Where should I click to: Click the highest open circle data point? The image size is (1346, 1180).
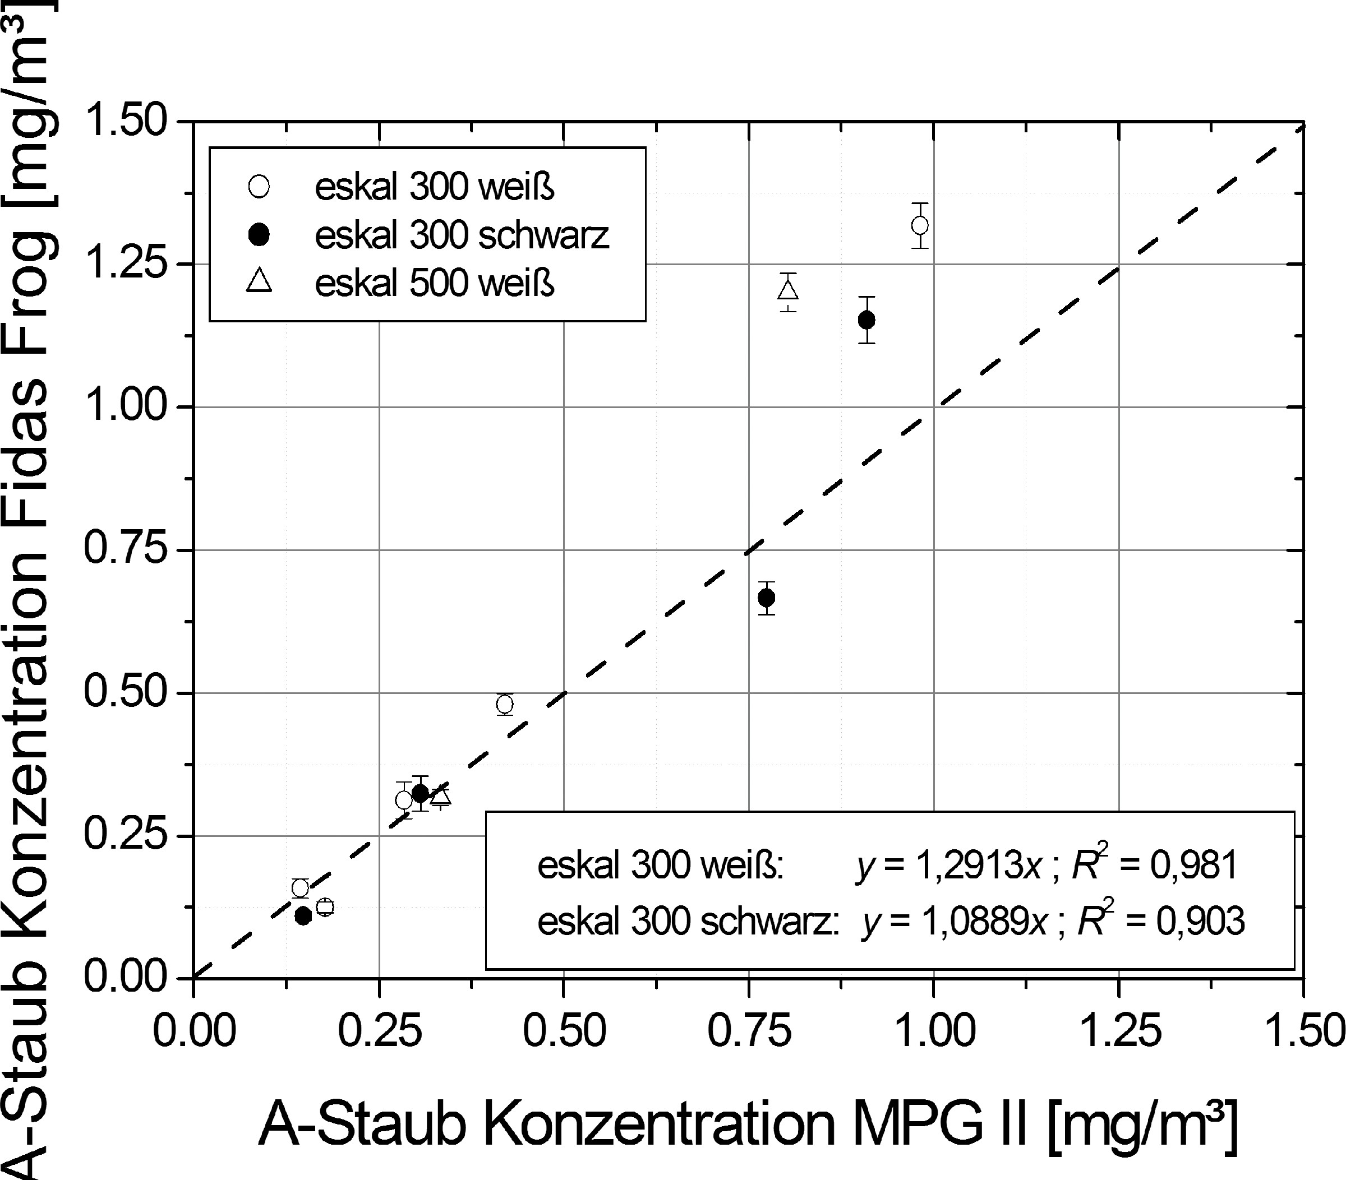point(920,225)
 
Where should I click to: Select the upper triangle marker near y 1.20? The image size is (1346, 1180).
point(788,290)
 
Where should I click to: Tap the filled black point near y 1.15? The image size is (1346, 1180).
point(866,320)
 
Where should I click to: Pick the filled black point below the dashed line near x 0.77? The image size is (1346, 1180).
point(767,598)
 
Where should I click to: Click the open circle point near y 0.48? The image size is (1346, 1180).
point(504,704)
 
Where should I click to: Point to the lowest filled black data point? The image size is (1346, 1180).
point(303,915)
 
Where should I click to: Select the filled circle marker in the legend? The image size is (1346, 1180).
point(260,235)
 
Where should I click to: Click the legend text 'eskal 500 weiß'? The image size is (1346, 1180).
point(435,284)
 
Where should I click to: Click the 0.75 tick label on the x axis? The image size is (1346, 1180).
point(749,1031)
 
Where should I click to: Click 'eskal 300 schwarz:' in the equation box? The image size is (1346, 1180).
point(688,920)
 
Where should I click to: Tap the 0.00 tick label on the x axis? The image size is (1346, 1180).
point(193,1031)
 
